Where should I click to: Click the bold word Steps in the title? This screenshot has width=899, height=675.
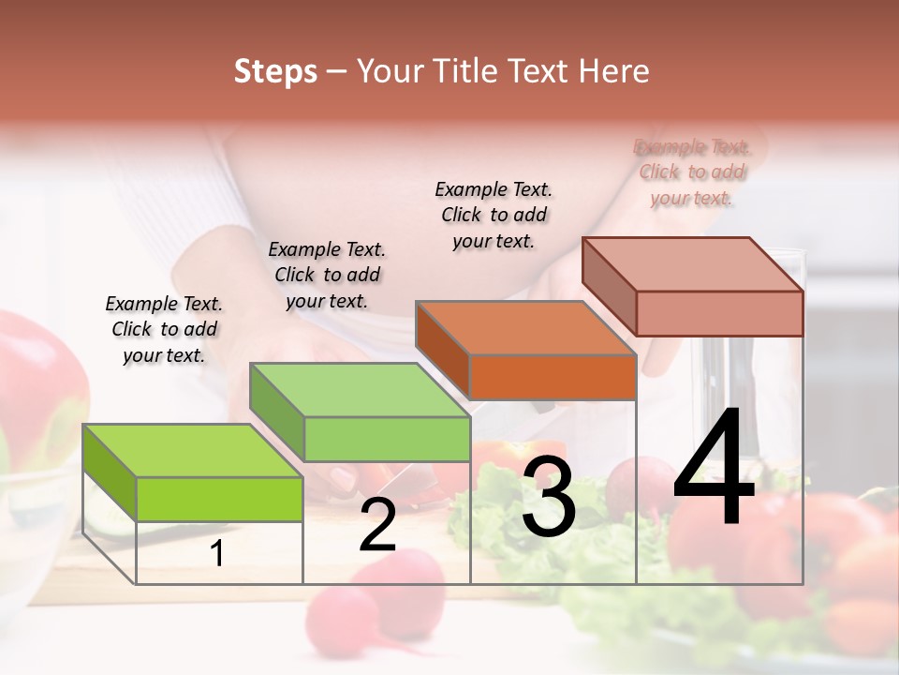click(275, 71)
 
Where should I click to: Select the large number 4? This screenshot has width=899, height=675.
click(714, 469)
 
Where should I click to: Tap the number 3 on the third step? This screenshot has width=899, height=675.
click(548, 497)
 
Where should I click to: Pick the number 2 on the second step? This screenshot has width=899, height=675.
click(377, 526)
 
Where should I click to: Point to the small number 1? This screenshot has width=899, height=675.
click(217, 554)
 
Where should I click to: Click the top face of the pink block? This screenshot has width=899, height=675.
click(693, 263)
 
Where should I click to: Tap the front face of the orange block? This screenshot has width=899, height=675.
click(553, 378)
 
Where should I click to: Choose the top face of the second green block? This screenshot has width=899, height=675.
click(360, 390)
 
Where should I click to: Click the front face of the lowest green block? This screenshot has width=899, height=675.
click(219, 499)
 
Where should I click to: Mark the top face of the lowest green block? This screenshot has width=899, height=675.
click(192, 451)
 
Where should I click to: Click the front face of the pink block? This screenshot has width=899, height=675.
click(719, 313)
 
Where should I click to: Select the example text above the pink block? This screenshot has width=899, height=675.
click(692, 172)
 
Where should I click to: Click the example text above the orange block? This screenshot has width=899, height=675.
click(494, 215)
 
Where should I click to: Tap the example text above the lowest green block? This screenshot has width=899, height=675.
click(164, 329)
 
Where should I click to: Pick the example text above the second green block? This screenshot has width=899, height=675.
click(327, 275)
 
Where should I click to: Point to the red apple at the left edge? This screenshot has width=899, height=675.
click(37, 384)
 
